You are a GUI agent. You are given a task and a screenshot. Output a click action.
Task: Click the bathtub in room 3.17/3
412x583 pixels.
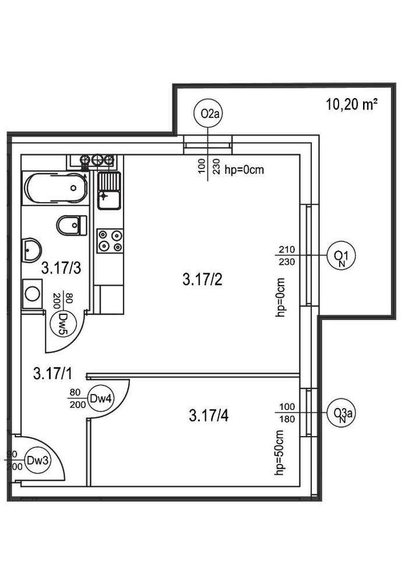(55, 187)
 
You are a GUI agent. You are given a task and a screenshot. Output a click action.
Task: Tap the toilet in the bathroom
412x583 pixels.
(72, 224)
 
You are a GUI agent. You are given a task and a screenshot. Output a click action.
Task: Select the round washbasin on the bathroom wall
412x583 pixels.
(30, 250)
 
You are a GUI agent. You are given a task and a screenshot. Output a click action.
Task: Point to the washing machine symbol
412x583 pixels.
(32, 291)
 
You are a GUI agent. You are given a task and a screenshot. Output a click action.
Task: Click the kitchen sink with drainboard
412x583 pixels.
(108, 191)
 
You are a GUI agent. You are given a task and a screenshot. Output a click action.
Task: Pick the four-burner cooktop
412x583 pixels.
(110, 241)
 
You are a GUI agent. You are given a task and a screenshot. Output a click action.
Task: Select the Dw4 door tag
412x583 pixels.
(100, 399)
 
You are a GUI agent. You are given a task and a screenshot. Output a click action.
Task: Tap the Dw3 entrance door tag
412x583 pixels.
(38, 461)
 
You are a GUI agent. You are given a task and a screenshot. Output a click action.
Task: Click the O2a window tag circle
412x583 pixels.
(209, 113)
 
